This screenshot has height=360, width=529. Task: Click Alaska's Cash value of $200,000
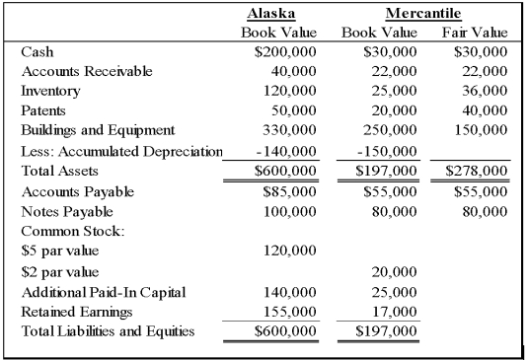[285, 51]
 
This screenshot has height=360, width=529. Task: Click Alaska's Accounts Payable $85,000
[288, 191]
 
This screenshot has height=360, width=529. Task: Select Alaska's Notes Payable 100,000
[289, 211]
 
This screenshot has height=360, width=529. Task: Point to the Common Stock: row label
[64, 231]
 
